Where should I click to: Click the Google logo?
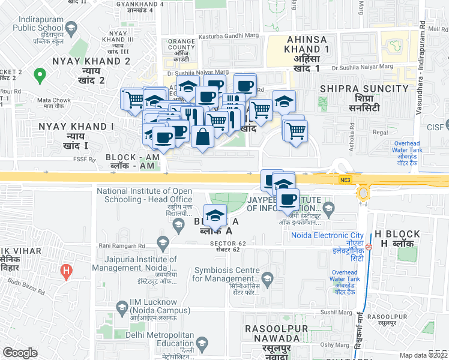pos(20,353)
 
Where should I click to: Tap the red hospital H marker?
pos(67,271)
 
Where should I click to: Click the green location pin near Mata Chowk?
pos(40,76)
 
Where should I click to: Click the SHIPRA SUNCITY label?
pos(364,89)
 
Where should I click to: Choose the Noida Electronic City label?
pos(328,235)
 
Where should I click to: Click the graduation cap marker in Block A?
pos(214,214)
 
